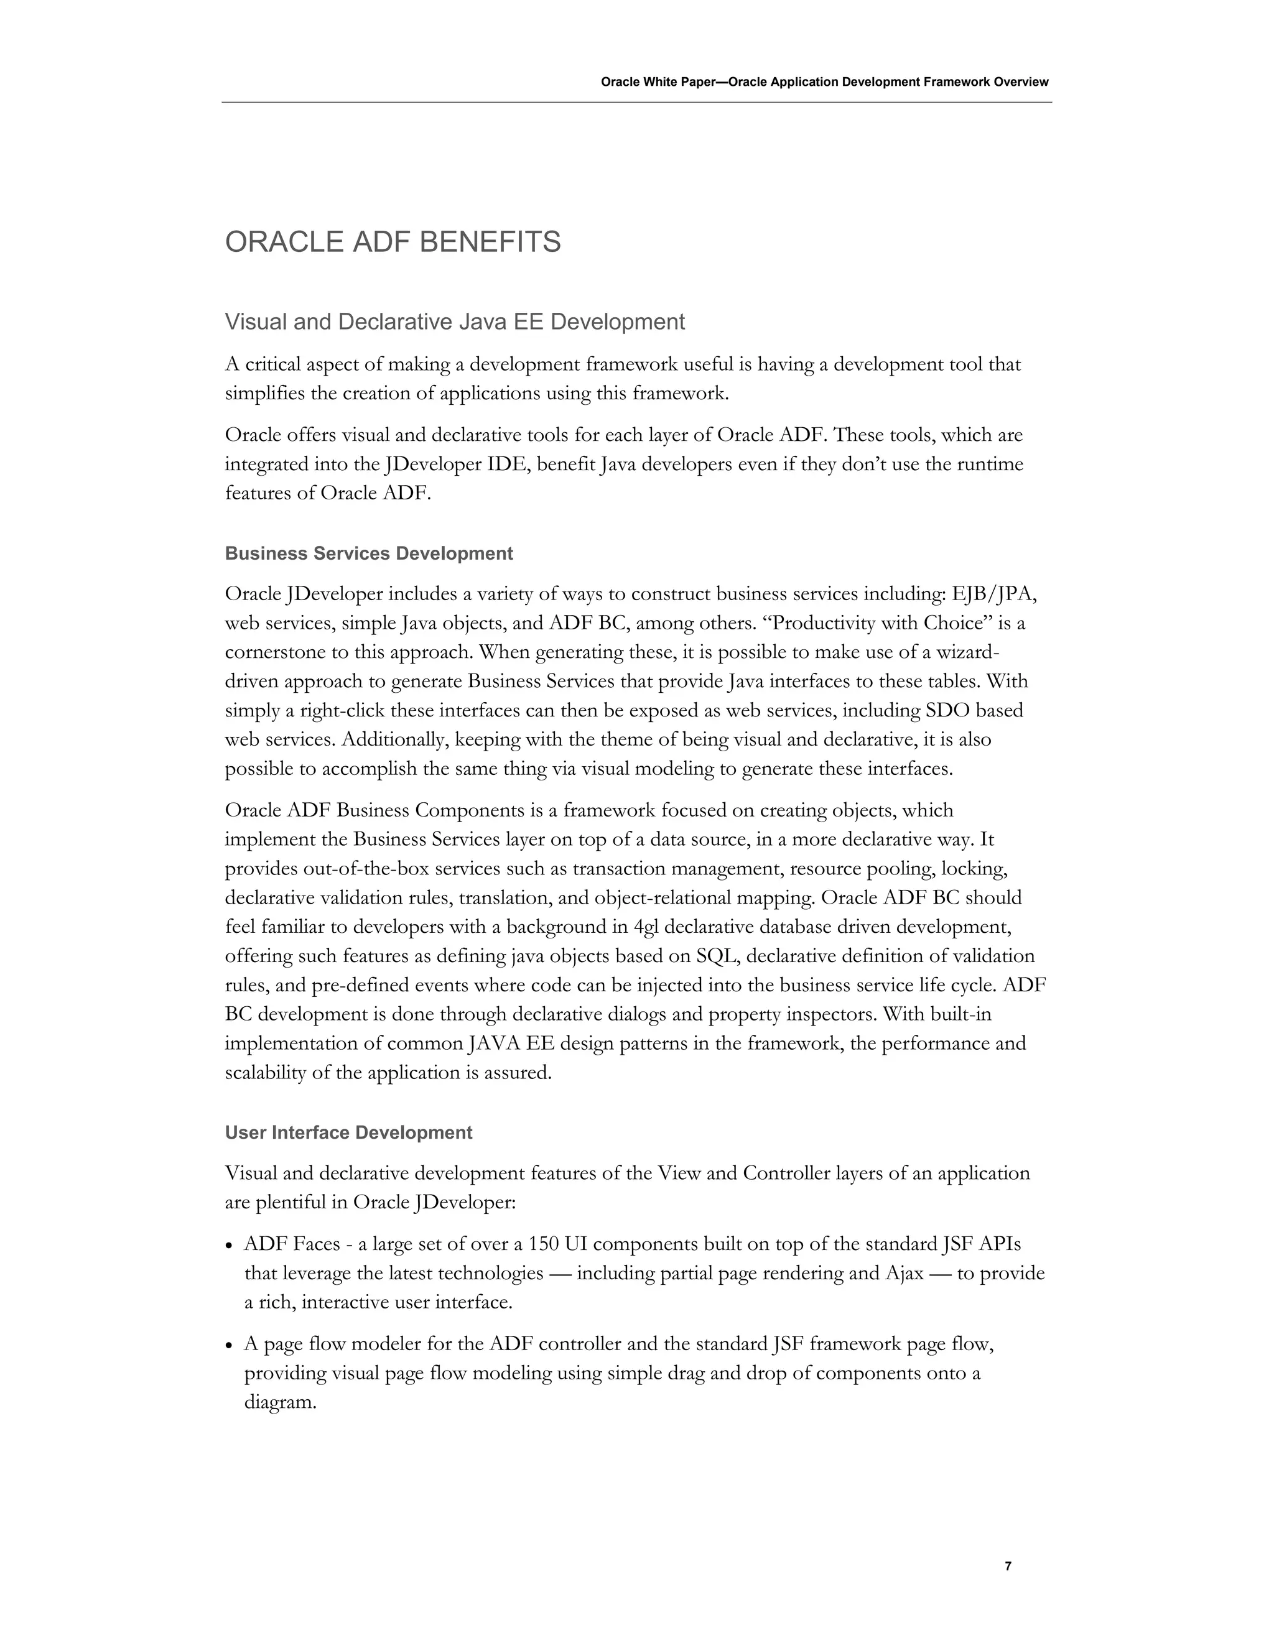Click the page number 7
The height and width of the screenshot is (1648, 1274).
click(x=1008, y=1566)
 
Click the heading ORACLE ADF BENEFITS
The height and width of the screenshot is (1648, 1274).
click(x=393, y=242)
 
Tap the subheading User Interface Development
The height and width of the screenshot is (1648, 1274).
click(x=349, y=1132)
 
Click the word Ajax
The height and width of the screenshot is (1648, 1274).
click(x=903, y=1273)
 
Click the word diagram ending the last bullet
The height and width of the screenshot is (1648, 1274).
click(x=279, y=1403)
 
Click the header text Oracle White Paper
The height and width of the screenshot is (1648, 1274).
click(x=657, y=82)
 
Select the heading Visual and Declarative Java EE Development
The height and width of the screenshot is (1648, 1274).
click(x=454, y=322)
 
